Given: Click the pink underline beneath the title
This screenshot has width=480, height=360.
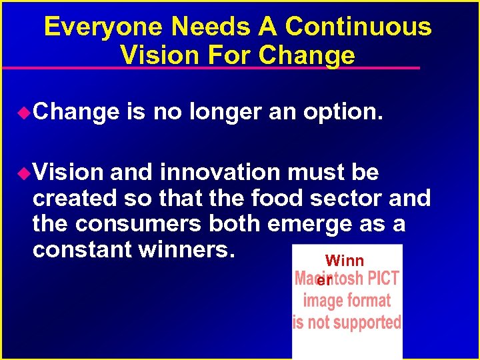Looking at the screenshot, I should [x=211, y=68].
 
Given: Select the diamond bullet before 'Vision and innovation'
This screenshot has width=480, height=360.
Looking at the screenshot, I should [x=24, y=173].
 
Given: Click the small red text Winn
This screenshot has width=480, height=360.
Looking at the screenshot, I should [x=344, y=261].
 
